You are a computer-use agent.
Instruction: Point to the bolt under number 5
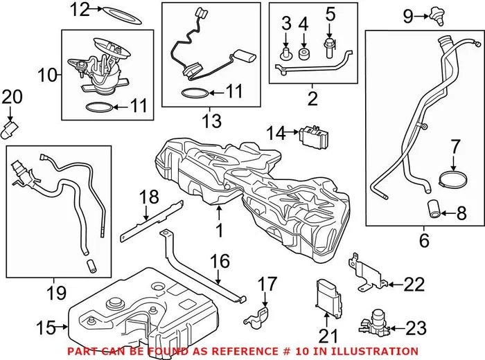329,48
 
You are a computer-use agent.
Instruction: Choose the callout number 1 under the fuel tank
219,228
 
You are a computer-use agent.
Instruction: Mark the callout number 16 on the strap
219,261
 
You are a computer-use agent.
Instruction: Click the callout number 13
211,122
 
